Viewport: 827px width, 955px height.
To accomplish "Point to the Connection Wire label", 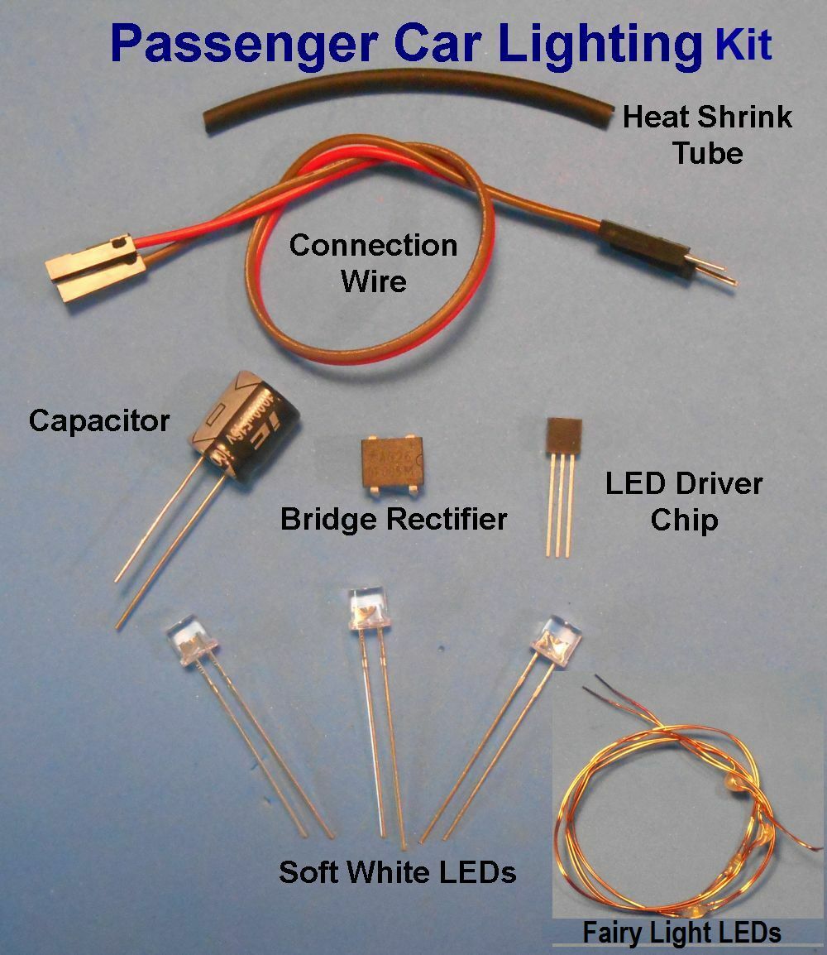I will (x=373, y=262).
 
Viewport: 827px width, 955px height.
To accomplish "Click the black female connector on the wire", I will (x=93, y=264).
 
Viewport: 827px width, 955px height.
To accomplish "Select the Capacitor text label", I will (x=99, y=420).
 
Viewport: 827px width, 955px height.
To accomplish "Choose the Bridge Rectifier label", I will (x=394, y=520).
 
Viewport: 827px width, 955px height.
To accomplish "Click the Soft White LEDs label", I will (x=397, y=871).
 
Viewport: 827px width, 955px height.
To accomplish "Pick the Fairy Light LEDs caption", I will (x=681, y=933).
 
